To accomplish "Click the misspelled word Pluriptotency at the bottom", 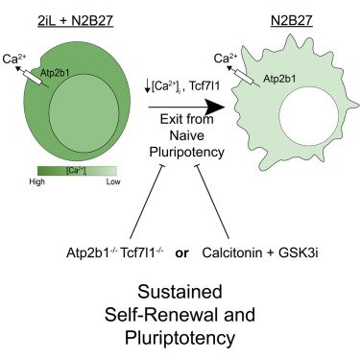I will pyautogui.click(x=180, y=337).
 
